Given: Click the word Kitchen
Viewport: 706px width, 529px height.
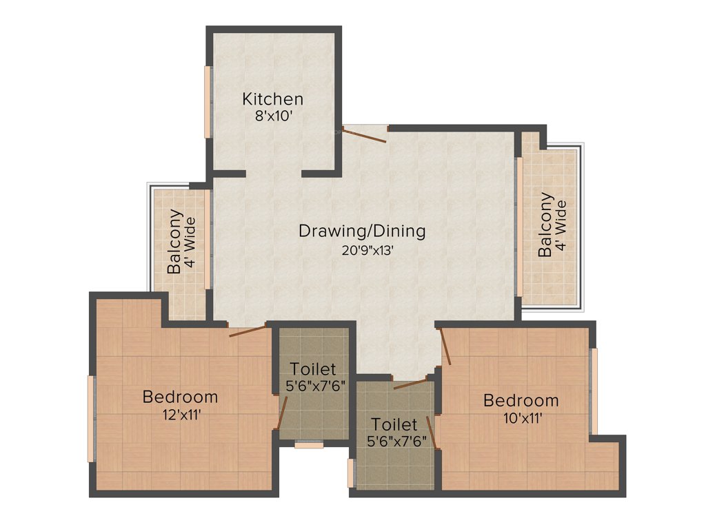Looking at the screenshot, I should pyautogui.click(x=272, y=99).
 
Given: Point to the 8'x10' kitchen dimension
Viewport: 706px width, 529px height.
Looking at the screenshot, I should pyautogui.click(x=272, y=116).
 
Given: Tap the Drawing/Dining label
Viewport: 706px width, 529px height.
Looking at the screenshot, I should pyautogui.click(x=362, y=231).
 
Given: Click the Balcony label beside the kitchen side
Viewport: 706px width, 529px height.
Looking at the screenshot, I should pyautogui.click(x=175, y=242).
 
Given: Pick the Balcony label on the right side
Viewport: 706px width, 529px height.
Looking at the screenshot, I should pyautogui.click(x=545, y=225).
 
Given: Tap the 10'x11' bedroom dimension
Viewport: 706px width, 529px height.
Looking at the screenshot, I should pyautogui.click(x=521, y=417).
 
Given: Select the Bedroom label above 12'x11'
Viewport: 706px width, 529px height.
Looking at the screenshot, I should pyautogui.click(x=180, y=397).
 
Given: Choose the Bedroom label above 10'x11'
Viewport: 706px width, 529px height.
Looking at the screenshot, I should pyautogui.click(x=521, y=400).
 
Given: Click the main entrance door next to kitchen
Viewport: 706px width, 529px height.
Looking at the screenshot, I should pyautogui.click(x=366, y=134).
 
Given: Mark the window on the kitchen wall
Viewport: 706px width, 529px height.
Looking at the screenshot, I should pyautogui.click(x=206, y=102).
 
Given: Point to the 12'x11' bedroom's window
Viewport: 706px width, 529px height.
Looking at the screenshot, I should pyautogui.click(x=90, y=418).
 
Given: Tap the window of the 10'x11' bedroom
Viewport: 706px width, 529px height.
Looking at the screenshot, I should pyautogui.click(x=594, y=391).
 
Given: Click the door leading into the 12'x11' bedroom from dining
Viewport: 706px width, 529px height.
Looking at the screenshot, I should pyautogui.click(x=248, y=330).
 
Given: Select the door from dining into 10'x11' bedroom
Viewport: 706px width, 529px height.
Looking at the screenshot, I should pyautogui.click(x=445, y=346).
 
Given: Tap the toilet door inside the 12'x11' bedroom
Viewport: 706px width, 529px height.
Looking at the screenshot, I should pyautogui.click(x=281, y=414).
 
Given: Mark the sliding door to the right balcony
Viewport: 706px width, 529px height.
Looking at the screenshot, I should pyautogui.click(x=518, y=227).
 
